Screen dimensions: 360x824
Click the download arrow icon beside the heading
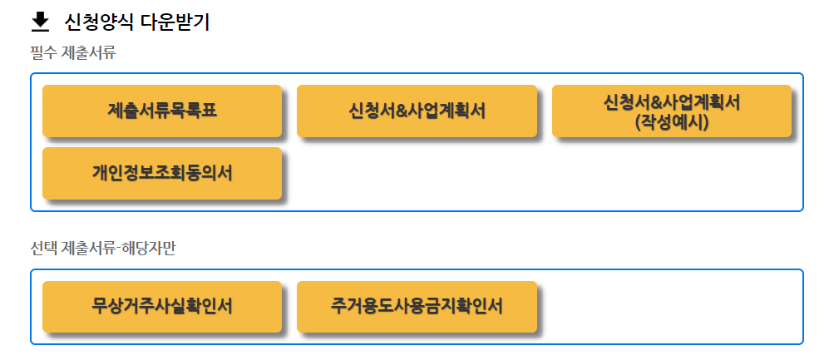pyautogui.click(x=40, y=22)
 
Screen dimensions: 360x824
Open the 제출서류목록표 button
pyautogui.click(x=162, y=111)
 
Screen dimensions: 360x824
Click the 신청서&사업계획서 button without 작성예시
pyautogui.click(x=417, y=111)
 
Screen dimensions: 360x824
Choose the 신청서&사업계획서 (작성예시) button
pyautogui.click(x=672, y=111)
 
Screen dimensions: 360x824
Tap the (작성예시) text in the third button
pyautogui.click(x=672, y=121)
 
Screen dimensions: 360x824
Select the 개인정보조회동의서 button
pyautogui.click(x=162, y=173)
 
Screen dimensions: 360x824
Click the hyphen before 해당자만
pyautogui.click(x=119, y=249)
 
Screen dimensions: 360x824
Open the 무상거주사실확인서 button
pyautogui.click(x=162, y=306)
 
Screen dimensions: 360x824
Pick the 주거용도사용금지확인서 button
pyautogui.click(x=417, y=306)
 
